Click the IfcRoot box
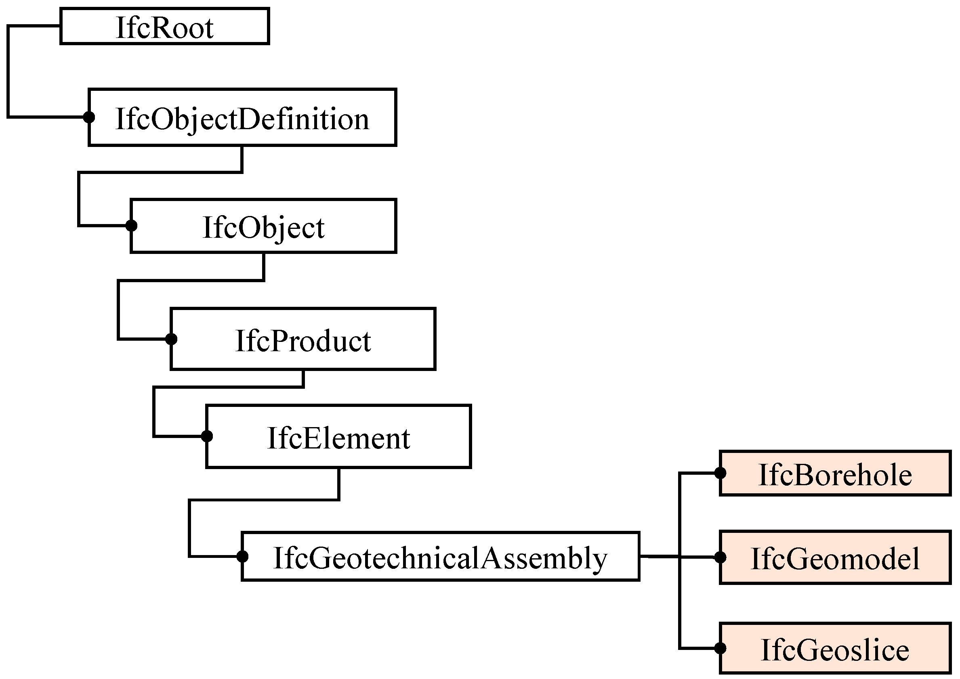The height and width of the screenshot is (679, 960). (x=164, y=26)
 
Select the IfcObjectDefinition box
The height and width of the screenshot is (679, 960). (x=242, y=117)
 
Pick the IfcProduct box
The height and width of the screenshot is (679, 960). (x=303, y=339)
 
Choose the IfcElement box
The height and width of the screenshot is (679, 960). (x=338, y=436)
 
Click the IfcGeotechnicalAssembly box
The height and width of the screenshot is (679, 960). (x=440, y=557)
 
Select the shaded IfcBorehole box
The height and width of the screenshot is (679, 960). (x=834, y=474)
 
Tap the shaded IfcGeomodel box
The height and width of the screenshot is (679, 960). (x=834, y=557)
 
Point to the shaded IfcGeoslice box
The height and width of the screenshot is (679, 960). (x=834, y=648)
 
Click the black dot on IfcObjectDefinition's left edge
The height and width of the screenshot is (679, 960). (x=89, y=117)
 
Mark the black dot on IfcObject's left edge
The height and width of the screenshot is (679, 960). (x=131, y=226)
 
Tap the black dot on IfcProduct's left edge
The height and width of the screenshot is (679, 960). (x=171, y=339)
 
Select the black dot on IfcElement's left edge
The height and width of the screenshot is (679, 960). (x=207, y=436)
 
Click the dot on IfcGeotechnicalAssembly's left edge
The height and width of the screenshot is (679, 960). (x=242, y=557)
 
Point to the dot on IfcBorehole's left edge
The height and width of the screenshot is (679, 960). (x=720, y=473)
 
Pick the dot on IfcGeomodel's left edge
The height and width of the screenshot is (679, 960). (x=720, y=557)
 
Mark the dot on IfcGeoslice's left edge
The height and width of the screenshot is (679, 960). (x=720, y=648)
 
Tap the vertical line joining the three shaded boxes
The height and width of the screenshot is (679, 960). (x=680, y=602)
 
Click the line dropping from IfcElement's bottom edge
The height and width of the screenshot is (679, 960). (x=338, y=484)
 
